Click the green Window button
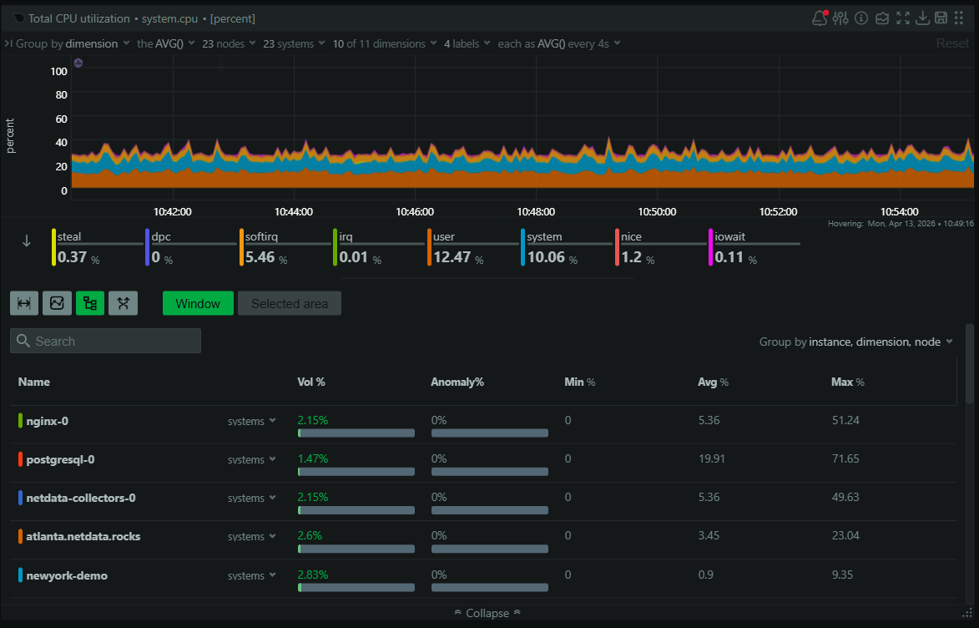198,303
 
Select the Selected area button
289,303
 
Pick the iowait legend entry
729,237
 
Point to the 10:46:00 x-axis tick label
414,211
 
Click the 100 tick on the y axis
58,72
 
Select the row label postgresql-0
60,459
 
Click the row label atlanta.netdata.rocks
83,536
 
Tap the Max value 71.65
845,459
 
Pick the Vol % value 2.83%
313,575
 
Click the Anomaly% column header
457,382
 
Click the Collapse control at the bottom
487,613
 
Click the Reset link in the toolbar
952,43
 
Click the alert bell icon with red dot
820,18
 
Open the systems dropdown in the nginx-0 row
251,422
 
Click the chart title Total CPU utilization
79,18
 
